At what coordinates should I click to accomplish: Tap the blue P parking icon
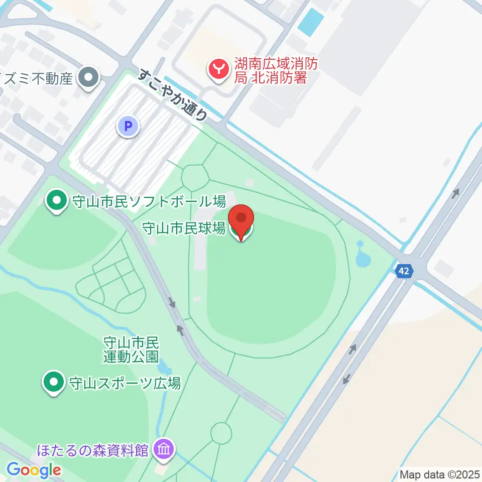[128, 126]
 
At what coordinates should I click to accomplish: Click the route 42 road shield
[404, 271]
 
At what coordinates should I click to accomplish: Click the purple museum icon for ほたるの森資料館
[164, 448]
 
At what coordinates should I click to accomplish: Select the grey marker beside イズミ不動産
[90, 78]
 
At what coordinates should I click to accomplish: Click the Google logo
[34, 470]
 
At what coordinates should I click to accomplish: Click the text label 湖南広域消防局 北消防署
[277, 71]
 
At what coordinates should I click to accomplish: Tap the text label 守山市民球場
[184, 229]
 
